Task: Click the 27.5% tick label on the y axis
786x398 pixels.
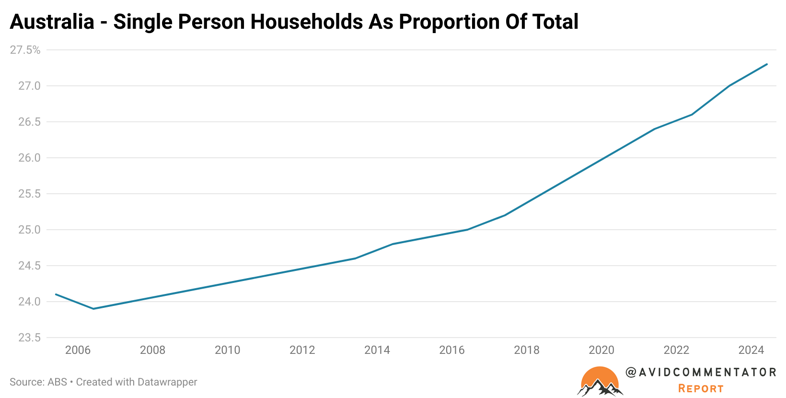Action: pyautogui.click(x=25, y=50)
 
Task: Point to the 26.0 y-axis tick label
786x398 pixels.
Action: pyautogui.click(x=29, y=158)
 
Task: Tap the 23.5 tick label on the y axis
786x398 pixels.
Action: pyautogui.click(x=29, y=338)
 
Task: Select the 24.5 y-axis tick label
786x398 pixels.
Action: pyautogui.click(x=29, y=266)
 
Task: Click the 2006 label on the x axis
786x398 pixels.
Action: pyautogui.click(x=78, y=350)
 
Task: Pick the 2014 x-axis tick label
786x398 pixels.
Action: pyautogui.click(x=377, y=350)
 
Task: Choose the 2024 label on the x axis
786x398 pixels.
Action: pyautogui.click(x=751, y=350)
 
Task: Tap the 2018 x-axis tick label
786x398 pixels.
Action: pyautogui.click(x=527, y=350)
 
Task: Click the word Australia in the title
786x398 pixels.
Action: pyautogui.click(x=52, y=22)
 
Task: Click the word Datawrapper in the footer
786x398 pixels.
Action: pyautogui.click(x=167, y=382)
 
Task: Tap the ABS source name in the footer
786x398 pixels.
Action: pyautogui.click(x=57, y=382)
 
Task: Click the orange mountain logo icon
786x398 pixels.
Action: pyautogui.click(x=600, y=382)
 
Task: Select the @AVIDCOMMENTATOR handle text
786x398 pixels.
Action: pyautogui.click(x=701, y=372)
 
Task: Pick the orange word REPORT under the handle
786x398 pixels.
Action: pyautogui.click(x=701, y=388)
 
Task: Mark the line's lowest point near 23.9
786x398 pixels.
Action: pyautogui.click(x=93, y=309)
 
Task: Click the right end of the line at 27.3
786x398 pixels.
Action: pyautogui.click(x=767, y=64)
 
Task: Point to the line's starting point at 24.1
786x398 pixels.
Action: pyautogui.click(x=56, y=294)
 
